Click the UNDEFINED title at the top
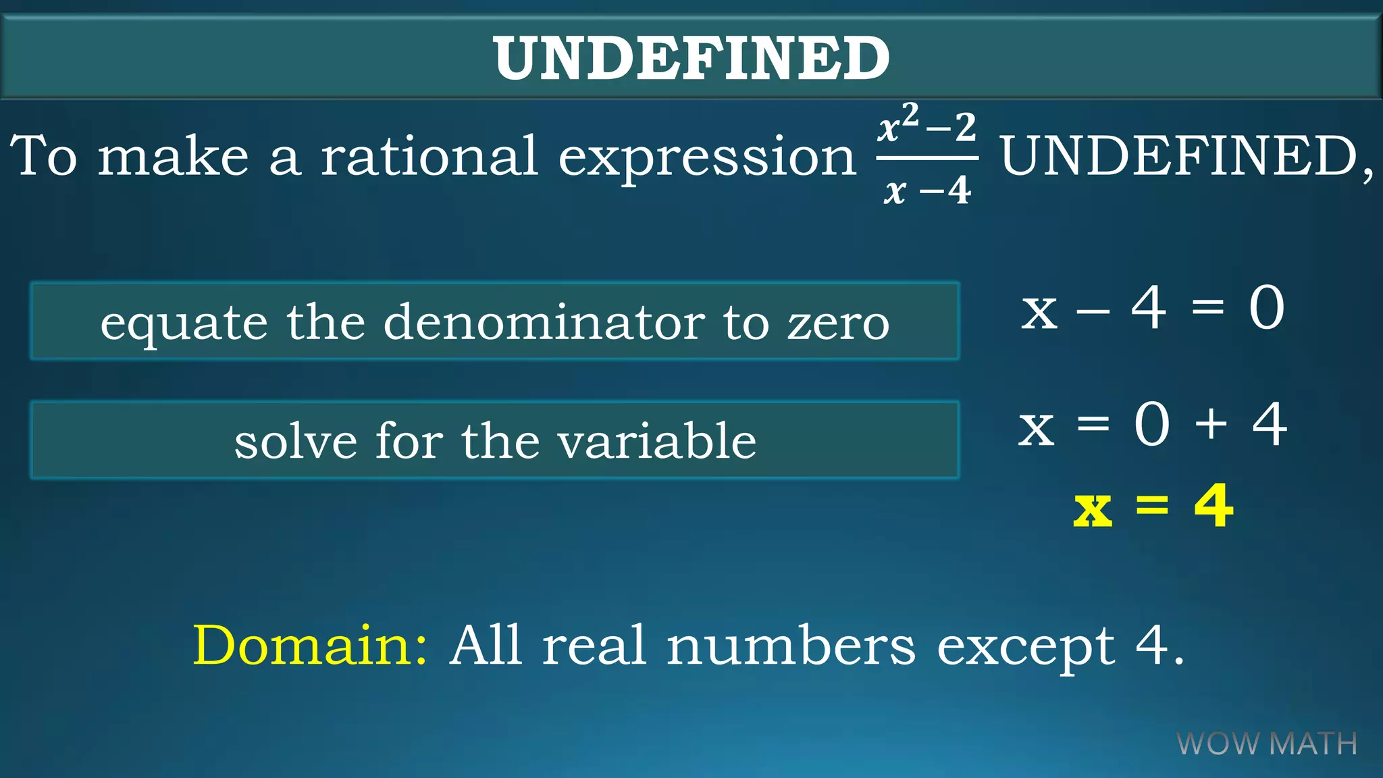[x=691, y=59]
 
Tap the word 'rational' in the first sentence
[x=429, y=156]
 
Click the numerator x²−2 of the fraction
[x=927, y=126]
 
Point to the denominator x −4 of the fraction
[x=927, y=190]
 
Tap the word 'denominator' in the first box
[x=544, y=322]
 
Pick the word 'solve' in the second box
[x=296, y=442]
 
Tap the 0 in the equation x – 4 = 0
[x=1266, y=308]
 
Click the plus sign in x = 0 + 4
[x=1211, y=424]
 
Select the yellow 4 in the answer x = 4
[x=1214, y=506]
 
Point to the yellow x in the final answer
[x=1092, y=510]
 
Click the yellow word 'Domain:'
[x=310, y=646]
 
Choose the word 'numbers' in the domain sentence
[x=791, y=646]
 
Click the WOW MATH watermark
[x=1267, y=744]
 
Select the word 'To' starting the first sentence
[x=44, y=156]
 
